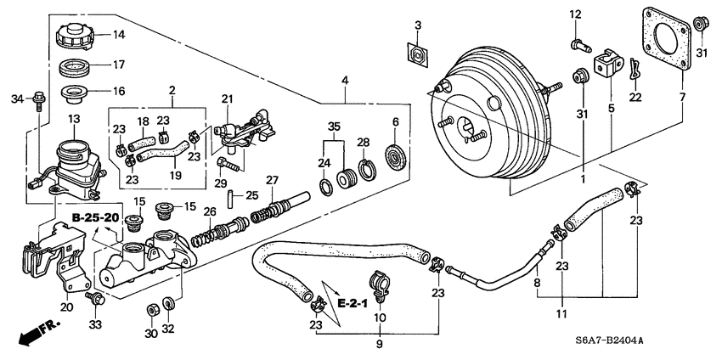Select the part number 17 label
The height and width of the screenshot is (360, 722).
point(119,64)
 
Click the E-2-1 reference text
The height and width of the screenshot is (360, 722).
point(349,303)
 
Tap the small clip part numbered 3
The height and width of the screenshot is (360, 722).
point(418,55)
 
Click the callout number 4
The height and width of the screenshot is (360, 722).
point(345,81)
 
